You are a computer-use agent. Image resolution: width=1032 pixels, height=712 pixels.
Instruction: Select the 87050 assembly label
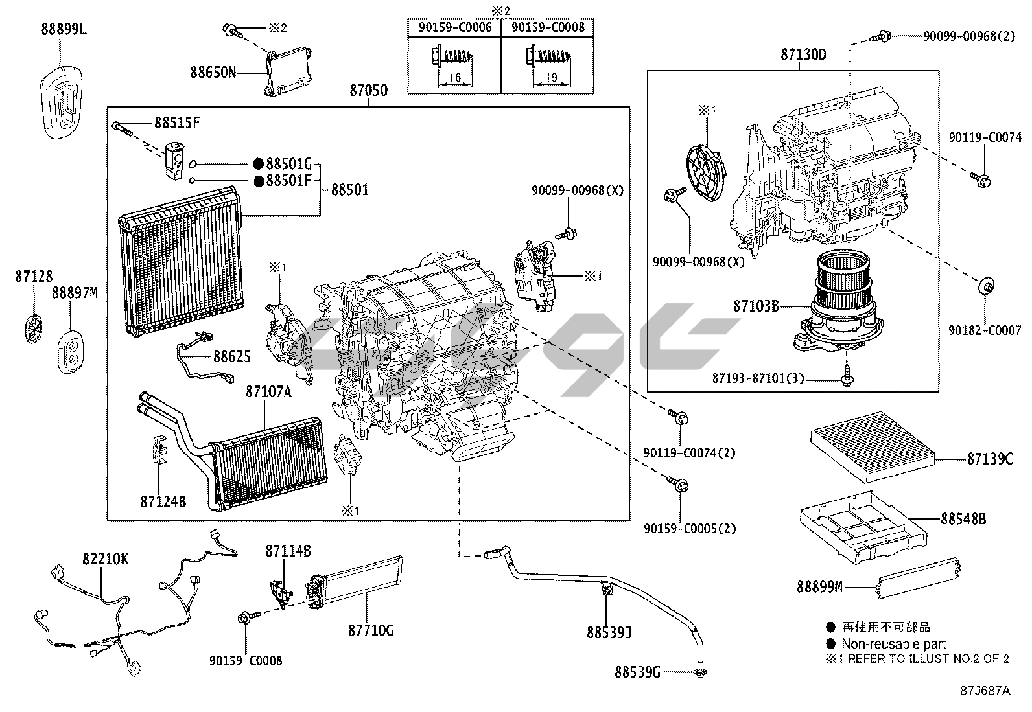click(x=368, y=91)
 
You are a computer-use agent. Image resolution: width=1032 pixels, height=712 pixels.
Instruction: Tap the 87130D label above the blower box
click(x=803, y=54)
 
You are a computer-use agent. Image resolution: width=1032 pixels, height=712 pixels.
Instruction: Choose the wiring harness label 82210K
click(x=105, y=559)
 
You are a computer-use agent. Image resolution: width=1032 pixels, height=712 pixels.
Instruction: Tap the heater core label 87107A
click(x=268, y=392)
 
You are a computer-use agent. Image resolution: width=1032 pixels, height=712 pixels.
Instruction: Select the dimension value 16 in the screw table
click(x=454, y=78)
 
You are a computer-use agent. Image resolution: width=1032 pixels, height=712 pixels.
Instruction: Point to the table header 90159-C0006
click(x=454, y=27)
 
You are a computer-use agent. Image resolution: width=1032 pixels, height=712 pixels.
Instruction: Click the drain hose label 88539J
click(x=609, y=632)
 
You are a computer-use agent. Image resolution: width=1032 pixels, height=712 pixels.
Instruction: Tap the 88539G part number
click(x=637, y=672)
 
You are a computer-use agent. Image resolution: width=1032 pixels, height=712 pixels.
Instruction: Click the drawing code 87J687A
click(x=985, y=691)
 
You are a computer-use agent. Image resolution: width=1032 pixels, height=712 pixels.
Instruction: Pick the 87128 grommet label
click(x=34, y=277)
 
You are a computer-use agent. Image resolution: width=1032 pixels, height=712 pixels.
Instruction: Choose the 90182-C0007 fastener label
click(x=985, y=330)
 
